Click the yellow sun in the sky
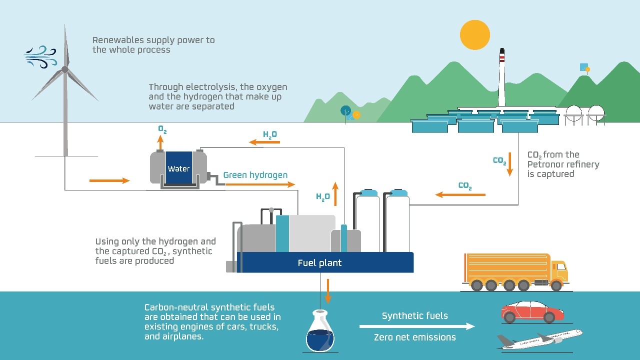[475, 35]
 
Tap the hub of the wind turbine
[65, 69]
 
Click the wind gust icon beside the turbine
[40, 56]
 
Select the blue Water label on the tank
[178, 168]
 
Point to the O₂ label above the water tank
[162, 129]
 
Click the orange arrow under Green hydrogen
[260, 184]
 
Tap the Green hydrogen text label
[255, 175]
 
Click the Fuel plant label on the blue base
[319, 263]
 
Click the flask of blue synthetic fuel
[320, 331]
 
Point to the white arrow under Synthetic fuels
[417, 326]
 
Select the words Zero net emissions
[415, 337]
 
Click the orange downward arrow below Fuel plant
[327, 291]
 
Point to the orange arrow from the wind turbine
[109, 180]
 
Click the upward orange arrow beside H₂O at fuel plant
[335, 194]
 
